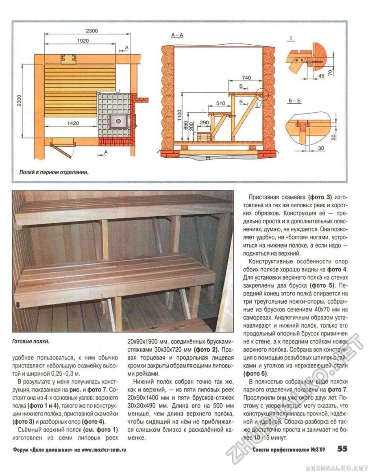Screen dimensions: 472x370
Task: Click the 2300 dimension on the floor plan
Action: pos(92,31)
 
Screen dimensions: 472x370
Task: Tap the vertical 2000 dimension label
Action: pos(19,100)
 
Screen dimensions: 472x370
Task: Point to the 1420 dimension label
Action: pos(72,123)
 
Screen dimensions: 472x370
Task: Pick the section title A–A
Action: pos(177,36)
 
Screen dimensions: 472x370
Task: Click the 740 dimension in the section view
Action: pos(246,77)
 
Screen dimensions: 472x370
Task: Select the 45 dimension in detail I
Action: pos(321,75)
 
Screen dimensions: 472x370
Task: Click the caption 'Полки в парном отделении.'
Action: pos(54,172)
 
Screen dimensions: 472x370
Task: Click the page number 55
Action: pos(342,449)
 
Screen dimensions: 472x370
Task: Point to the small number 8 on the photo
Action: pos(17,305)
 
